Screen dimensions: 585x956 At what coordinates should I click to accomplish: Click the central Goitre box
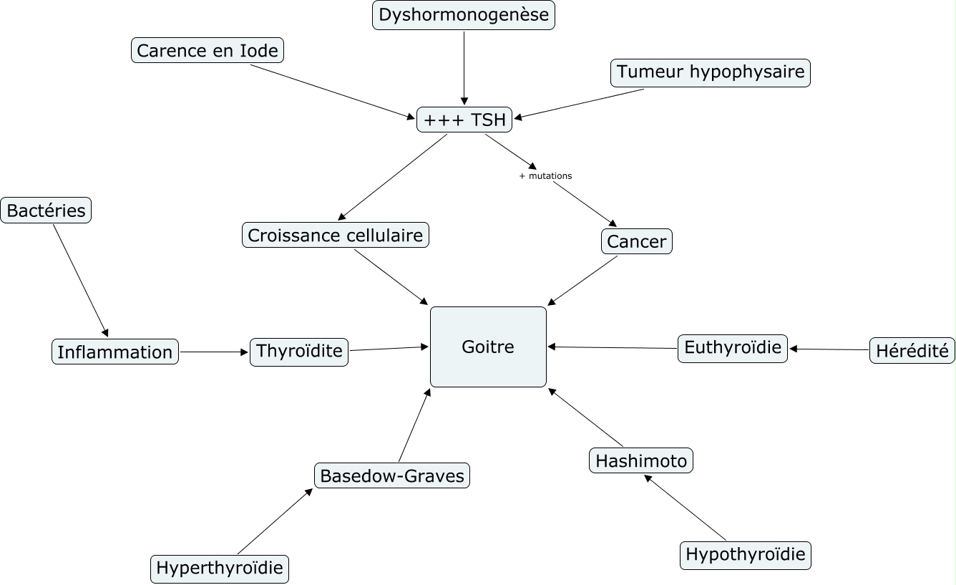point(488,347)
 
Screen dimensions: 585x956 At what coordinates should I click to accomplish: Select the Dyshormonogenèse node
point(464,15)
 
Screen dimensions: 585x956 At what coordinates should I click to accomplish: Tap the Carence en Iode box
point(208,51)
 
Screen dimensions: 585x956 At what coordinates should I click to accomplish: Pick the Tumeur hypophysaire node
point(711,72)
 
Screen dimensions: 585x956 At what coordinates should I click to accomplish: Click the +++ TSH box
point(464,120)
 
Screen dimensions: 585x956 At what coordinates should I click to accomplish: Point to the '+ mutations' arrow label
point(545,175)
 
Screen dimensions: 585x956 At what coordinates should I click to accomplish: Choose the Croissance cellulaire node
point(336,235)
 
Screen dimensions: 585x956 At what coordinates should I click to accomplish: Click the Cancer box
point(637,242)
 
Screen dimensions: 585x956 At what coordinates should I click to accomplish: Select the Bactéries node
point(47,211)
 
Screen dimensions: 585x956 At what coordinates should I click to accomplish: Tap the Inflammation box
point(115,352)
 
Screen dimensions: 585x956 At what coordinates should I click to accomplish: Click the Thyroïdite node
point(299,352)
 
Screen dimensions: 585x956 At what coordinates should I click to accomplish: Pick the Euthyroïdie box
point(733,348)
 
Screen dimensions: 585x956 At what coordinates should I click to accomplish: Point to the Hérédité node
point(912,351)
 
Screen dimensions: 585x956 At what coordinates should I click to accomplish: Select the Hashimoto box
point(641,460)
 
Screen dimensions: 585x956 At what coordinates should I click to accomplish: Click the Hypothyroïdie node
point(745,554)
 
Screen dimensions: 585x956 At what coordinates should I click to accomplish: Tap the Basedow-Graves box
point(392,475)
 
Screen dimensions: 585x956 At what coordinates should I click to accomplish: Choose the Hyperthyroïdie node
point(220,569)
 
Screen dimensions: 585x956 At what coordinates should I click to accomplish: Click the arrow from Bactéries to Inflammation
point(80,279)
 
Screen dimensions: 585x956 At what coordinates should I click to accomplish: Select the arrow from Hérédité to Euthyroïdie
point(829,349)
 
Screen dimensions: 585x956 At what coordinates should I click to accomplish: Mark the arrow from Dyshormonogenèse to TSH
point(464,68)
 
